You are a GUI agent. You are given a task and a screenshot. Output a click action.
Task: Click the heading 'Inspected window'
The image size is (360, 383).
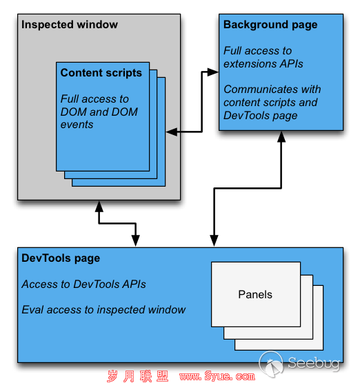pos(70,25)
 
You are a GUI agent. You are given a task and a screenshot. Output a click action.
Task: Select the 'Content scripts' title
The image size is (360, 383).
pos(101,73)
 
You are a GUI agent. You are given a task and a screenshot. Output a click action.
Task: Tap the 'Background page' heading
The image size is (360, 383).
pos(270,25)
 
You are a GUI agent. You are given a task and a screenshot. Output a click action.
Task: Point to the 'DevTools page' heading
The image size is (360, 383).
pos(61,258)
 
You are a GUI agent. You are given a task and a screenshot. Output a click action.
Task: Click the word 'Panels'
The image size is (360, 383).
pos(255,294)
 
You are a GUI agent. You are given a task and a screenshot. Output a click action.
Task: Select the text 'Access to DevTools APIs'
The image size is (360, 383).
pos(83,284)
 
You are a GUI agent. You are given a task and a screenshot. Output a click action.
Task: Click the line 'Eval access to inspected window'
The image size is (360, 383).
pos(103,310)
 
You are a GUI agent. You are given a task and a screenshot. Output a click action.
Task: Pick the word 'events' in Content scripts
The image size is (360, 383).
pos(77,125)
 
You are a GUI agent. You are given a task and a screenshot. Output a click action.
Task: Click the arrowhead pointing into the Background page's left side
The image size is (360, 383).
pos(213,72)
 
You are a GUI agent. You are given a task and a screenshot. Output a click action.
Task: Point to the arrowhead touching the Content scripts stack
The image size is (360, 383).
pos(172,132)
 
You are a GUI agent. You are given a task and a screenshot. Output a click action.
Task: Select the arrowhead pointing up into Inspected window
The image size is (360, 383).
pos(99,206)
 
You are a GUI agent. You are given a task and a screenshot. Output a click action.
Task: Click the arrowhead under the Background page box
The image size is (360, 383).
pos(281,136)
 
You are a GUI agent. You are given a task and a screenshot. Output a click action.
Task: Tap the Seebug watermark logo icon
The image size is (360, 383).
pos(271,363)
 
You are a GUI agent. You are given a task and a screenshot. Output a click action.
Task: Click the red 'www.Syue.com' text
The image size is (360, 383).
pos(217,376)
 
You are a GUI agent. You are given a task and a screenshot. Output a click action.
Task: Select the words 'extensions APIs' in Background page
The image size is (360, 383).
pos(263,64)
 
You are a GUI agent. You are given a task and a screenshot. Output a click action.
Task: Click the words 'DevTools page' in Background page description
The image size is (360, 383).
pos(261,116)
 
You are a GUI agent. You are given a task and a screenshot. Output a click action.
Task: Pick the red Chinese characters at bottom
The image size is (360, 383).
pos(138,376)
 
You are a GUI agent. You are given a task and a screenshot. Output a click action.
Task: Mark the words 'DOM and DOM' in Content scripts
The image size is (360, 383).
pos(99,112)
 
